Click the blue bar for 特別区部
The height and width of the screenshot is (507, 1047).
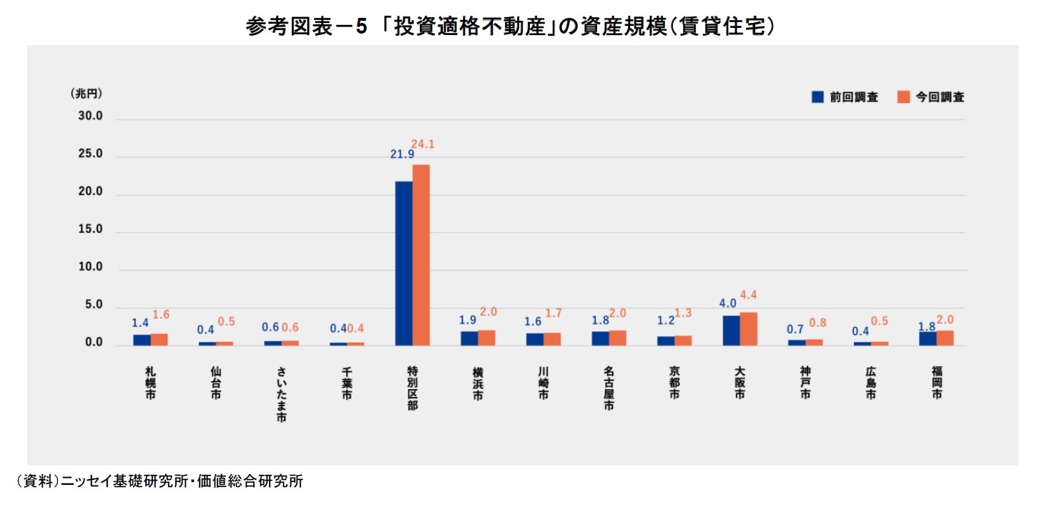pos(404,263)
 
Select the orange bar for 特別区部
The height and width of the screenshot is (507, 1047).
pos(421,255)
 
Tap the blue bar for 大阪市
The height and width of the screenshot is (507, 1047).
pos(731,330)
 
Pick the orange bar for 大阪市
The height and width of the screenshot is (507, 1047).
pos(748,329)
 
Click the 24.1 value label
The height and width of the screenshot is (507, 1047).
pos(423,144)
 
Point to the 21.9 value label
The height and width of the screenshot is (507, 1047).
pos(403,154)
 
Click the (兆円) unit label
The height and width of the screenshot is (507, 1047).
pos(87,94)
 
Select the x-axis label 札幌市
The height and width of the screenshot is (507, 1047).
pos(149,383)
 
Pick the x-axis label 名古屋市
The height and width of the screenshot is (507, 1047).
pos(608,390)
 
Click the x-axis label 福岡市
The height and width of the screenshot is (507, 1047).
pos(936,383)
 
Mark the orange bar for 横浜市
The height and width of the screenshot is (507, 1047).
pos(486,338)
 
